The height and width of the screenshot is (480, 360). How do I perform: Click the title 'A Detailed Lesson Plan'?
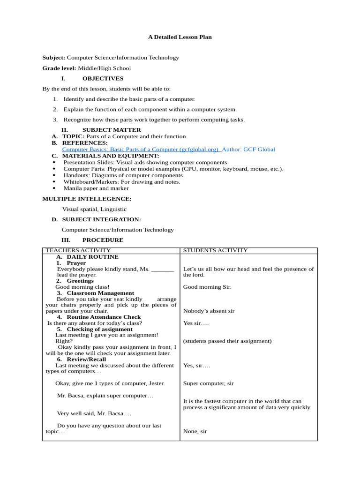[x=180, y=37]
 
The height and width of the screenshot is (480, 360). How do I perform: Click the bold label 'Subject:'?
[x=53, y=58]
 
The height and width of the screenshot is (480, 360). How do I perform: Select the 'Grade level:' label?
[x=60, y=68]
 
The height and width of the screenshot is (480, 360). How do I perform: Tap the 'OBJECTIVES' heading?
[x=103, y=78]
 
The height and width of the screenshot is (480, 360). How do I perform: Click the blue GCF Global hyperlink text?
[x=141, y=150]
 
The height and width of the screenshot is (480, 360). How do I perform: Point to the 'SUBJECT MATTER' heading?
[x=112, y=130]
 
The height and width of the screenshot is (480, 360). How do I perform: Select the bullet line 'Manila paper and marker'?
[x=96, y=188]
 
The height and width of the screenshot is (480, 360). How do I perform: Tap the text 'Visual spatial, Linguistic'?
[x=94, y=209]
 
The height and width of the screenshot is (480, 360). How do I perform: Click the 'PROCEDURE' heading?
[x=103, y=240]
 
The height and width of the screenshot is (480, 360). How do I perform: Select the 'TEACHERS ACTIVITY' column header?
[x=78, y=251]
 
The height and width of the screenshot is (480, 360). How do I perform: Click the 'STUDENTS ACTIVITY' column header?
[x=215, y=251]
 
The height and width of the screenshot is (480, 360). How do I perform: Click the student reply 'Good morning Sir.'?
[x=207, y=287]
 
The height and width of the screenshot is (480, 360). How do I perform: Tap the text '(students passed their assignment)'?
[x=227, y=341]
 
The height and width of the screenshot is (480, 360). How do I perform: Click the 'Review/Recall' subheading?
[x=86, y=359]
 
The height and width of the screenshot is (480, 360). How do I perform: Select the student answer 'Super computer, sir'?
[x=208, y=383]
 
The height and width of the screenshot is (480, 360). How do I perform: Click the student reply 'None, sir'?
[x=195, y=431]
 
